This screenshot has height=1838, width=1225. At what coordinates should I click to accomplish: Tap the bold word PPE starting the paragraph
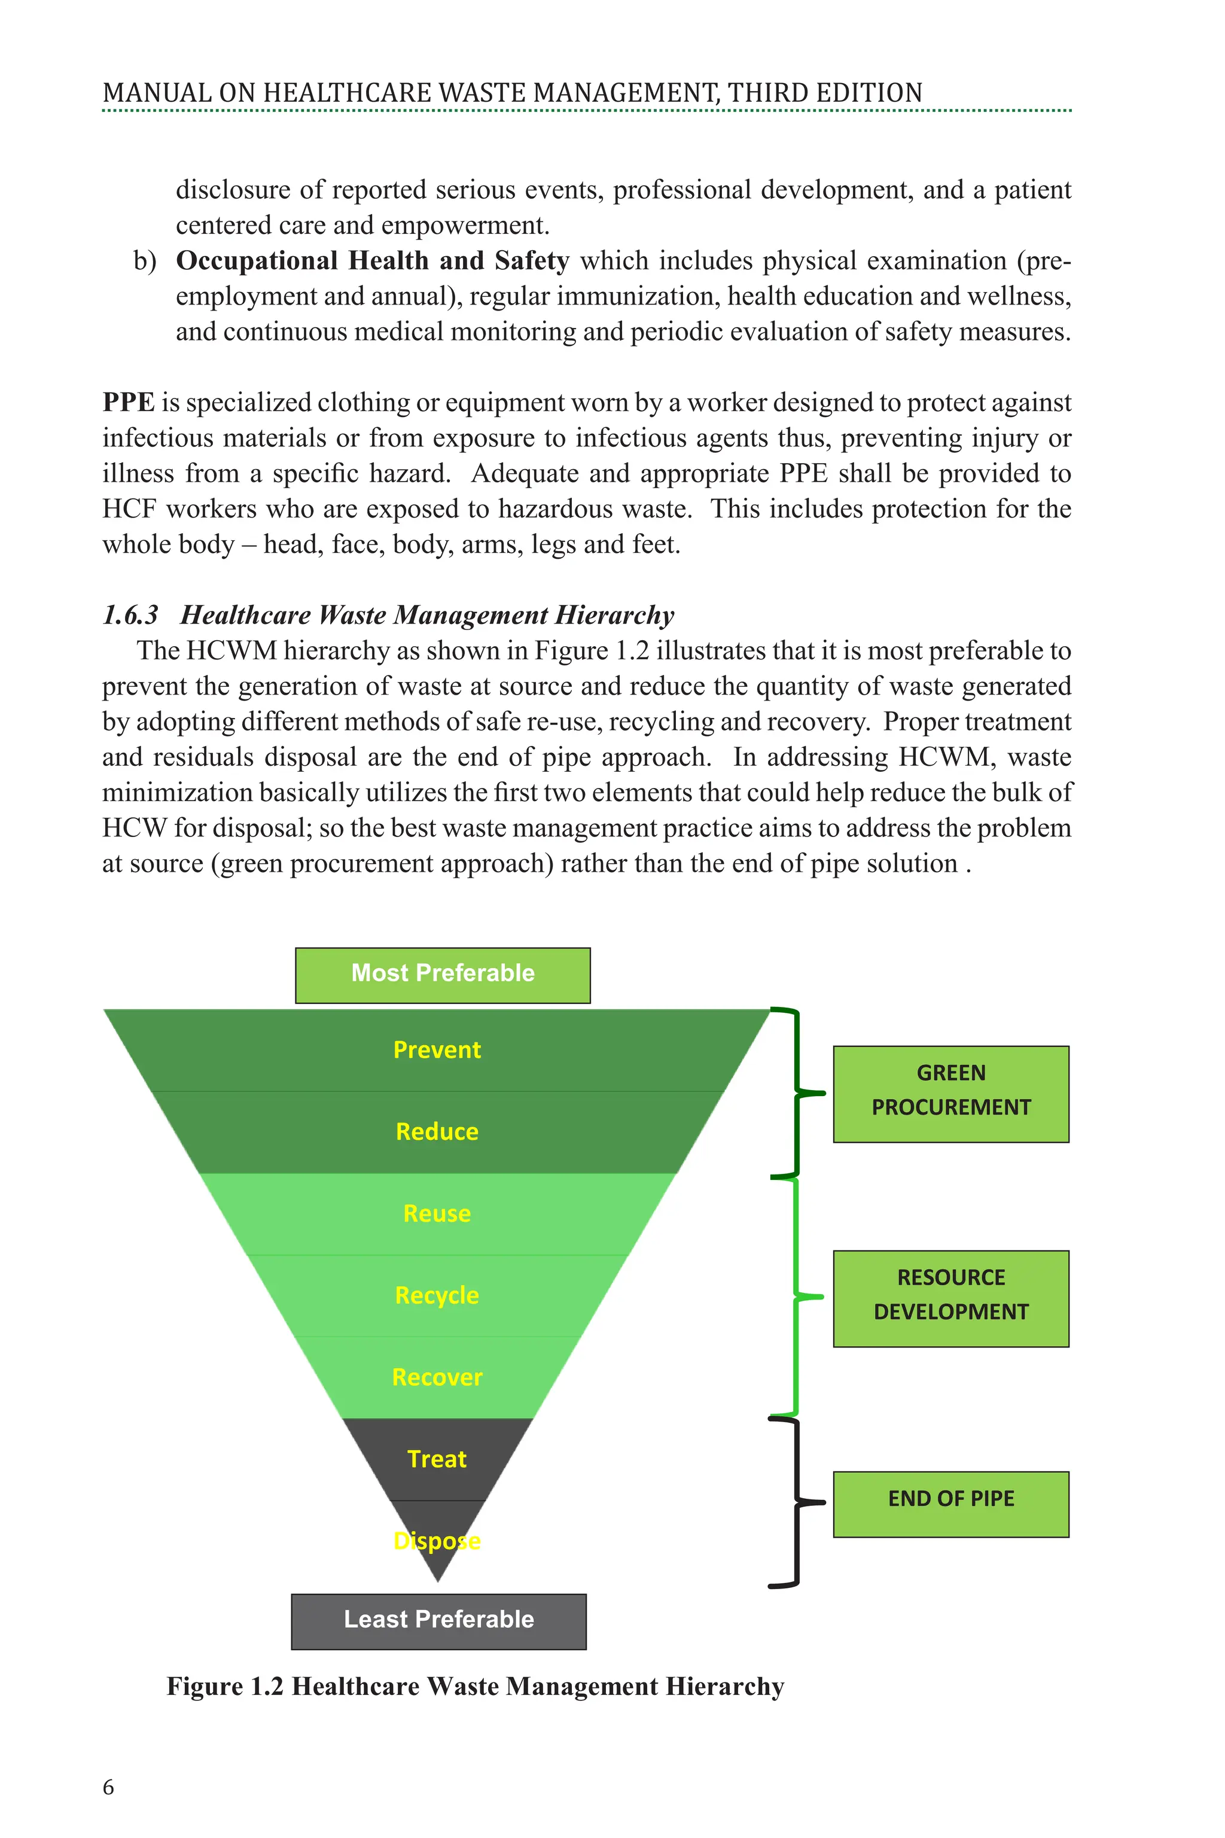pos(128,403)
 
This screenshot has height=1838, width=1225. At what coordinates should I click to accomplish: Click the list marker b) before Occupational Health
pos(145,261)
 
